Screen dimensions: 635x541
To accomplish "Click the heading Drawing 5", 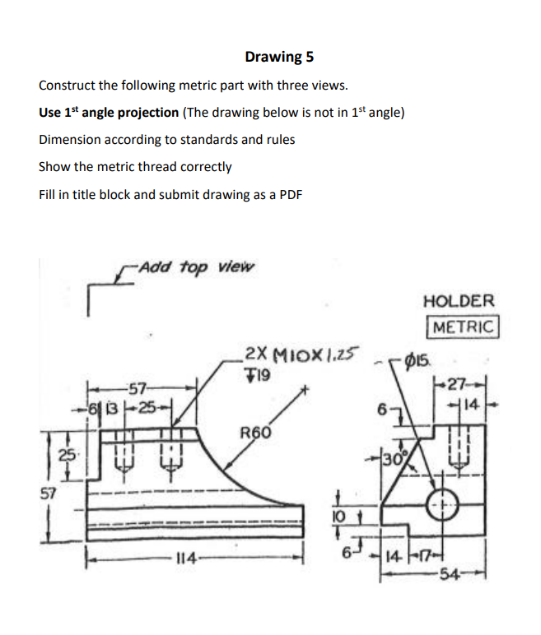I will point(278,57).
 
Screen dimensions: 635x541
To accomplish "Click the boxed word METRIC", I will point(463,326).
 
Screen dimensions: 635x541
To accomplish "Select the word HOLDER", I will point(459,301).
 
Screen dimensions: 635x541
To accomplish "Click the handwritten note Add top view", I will point(197,267).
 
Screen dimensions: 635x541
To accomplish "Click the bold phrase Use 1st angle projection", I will point(109,112).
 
